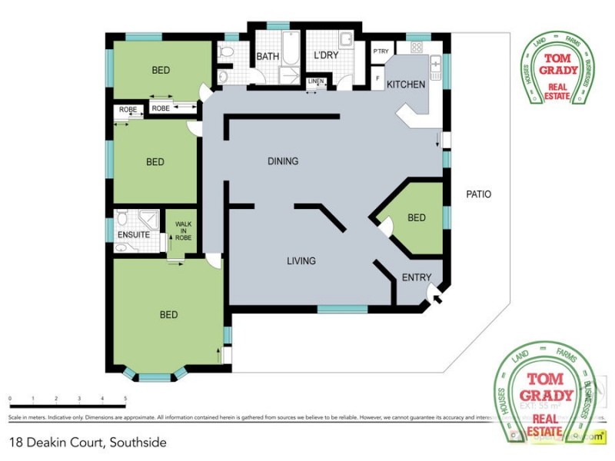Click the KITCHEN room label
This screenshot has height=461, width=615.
pyautogui.click(x=405, y=84)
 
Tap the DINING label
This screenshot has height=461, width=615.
pyautogui.click(x=282, y=161)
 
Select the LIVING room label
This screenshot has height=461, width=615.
pyautogui.click(x=301, y=261)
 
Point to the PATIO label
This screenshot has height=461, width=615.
pyautogui.click(x=478, y=194)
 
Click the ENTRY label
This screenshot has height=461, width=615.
pyautogui.click(x=417, y=277)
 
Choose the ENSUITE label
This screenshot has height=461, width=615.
pyautogui.click(x=133, y=234)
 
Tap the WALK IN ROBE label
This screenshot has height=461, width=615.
pyautogui.click(x=182, y=231)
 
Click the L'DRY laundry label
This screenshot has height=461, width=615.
pyautogui.click(x=327, y=56)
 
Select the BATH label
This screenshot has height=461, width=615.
pyautogui.click(x=268, y=56)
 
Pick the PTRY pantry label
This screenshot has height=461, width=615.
pyautogui.click(x=381, y=51)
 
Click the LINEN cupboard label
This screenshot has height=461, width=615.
pyautogui.click(x=316, y=81)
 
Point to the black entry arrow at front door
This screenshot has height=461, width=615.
pyautogui.click(x=436, y=295)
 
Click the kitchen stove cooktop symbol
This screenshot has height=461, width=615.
pyautogui.click(x=416, y=47)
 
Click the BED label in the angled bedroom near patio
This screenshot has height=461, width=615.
pyautogui.click(x=416, y=218)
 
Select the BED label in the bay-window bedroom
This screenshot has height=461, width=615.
pyautogui.click(x=168, y=315)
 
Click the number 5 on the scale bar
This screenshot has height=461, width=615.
pyautogui.click(x=125, y=399)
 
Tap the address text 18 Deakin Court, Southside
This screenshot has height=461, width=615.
pyautogui.click(x=87, y=443)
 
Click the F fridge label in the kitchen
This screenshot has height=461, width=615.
pyautogui.click(x=377, y=78)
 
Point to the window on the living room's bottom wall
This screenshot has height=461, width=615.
pyautogui.click(x=342, y=309)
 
